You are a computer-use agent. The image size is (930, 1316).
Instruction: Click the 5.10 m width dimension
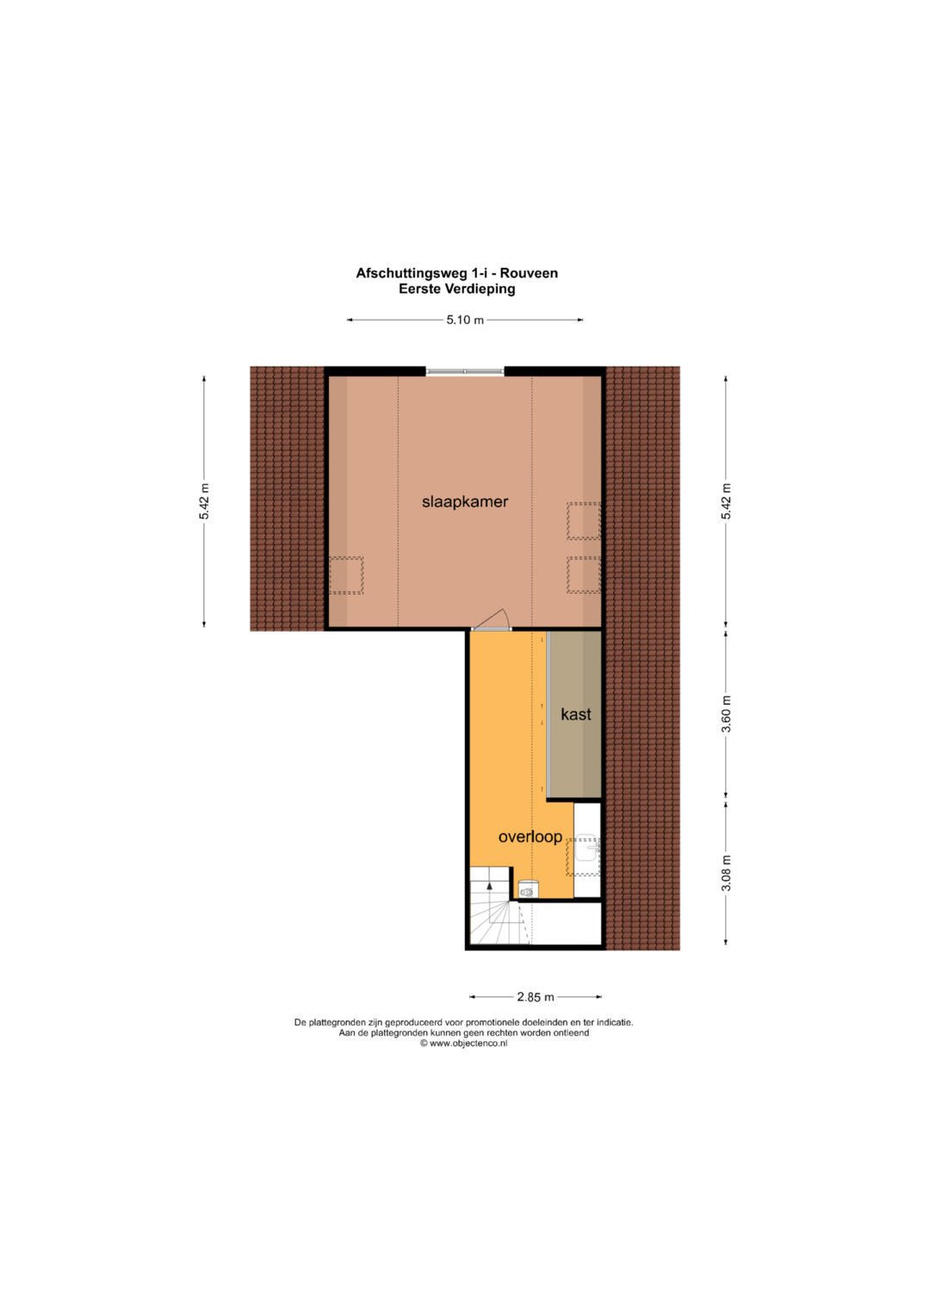(465, 321)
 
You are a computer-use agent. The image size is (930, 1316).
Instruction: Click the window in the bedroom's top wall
(465, 371)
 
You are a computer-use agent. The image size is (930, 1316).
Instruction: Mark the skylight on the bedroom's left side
(346, 576)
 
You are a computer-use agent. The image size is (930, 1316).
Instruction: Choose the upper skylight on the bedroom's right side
(584, 521)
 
